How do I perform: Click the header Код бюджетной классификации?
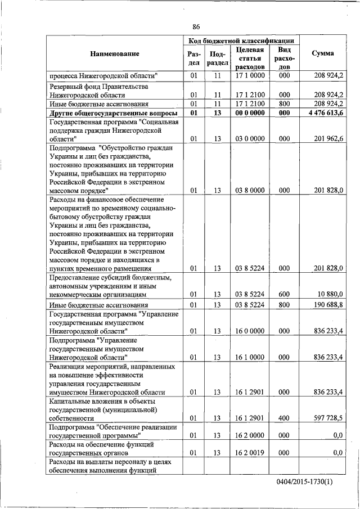coord(241,40)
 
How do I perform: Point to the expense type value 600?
coord(284,294)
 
